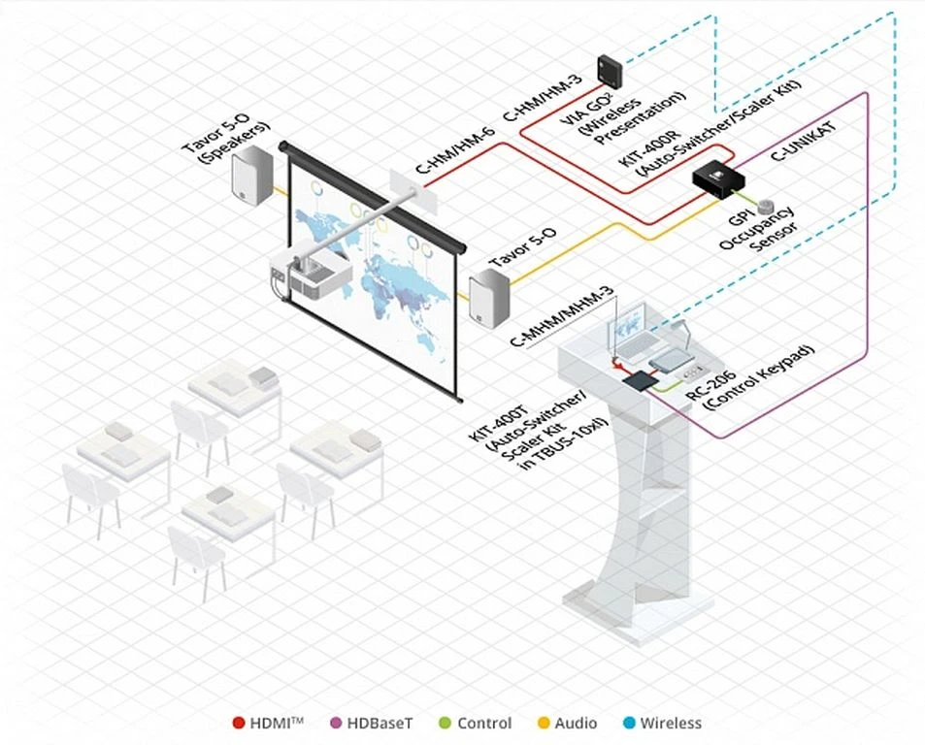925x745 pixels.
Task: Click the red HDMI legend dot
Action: pyautogui.click(x=239, y=723)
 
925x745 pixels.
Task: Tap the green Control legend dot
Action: pyautogui.click(x=445, y=723)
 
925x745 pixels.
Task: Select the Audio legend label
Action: pyautogui.click(x=577, y=723)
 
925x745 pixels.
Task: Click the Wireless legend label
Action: pyautogui.click(x=670, y=723)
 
